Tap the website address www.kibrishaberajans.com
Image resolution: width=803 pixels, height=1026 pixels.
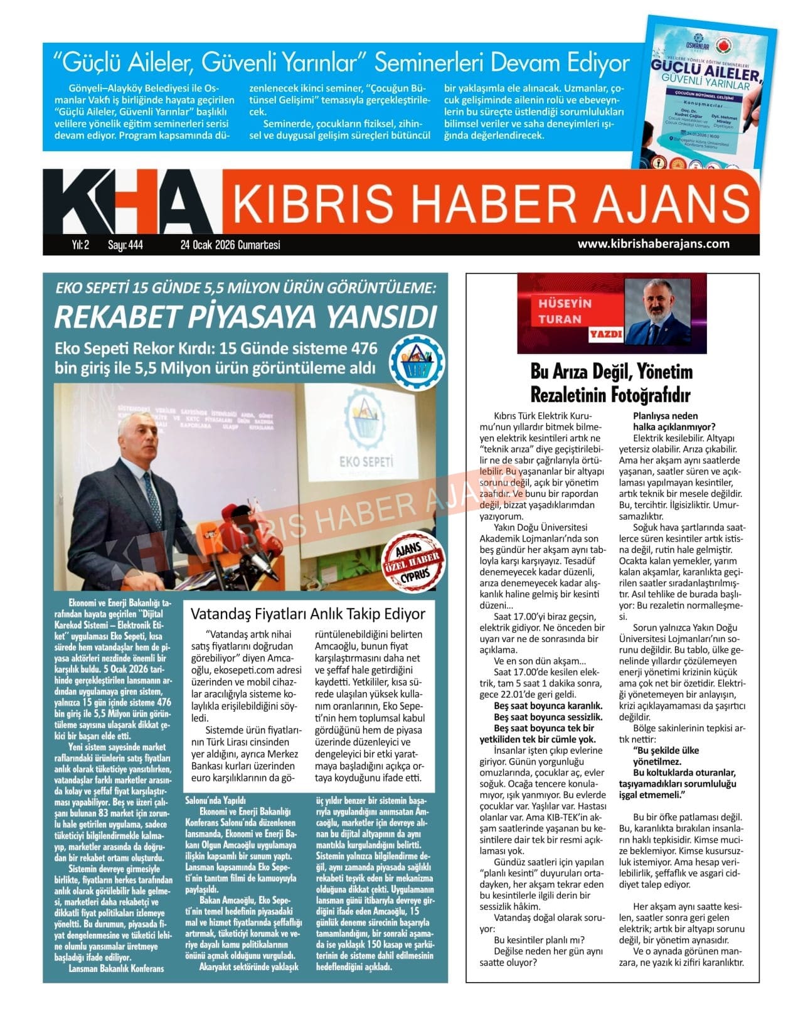[x=653, y=244]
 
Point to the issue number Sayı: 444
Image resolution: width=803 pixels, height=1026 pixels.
[x=125, y=245]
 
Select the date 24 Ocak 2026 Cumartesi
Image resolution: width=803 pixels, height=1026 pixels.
[x=230, y=245]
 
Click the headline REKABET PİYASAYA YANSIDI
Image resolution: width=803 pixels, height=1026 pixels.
[x=245, y=316]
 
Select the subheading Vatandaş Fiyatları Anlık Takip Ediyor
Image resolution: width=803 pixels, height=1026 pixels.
[x=307, y=613]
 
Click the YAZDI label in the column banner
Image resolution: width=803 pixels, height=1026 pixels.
[x=605, y=334]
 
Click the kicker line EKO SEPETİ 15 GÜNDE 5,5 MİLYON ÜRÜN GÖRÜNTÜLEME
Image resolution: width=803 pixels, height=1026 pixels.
[x=245, y=288]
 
